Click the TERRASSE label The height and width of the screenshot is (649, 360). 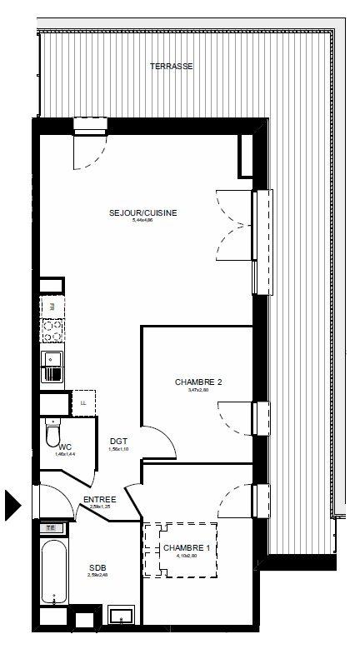172,66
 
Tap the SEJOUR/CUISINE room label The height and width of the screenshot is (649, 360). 143,212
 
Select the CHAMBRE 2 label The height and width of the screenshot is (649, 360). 198,382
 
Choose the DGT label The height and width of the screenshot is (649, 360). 117,442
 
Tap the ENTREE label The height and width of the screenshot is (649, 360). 99,500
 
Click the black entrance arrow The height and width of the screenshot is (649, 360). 13,505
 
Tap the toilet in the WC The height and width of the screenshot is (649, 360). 52,432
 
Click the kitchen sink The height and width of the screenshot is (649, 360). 51,366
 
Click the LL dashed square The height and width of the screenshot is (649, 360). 82,403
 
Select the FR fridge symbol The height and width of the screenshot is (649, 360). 51,306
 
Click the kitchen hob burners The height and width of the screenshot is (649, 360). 52,332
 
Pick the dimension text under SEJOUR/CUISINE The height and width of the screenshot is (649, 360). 143,221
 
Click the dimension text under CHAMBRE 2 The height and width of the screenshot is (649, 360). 198,390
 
